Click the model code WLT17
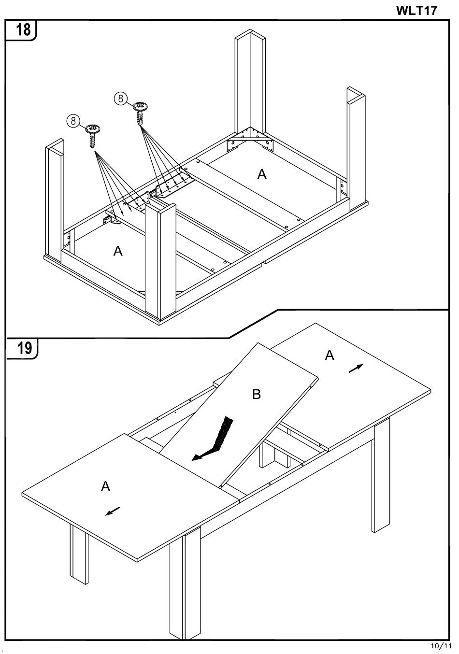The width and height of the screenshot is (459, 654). (416, 11)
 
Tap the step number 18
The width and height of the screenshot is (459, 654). (23, 30)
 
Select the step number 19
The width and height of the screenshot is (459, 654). (24, 348)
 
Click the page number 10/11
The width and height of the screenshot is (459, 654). (441, 645)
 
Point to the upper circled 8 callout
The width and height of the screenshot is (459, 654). (121, 99)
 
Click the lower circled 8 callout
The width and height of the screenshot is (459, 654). (73, 120)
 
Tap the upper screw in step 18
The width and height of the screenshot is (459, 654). (140, 114)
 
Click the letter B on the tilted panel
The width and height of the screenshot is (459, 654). (257, 394)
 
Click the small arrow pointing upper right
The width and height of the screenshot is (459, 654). (356, 369)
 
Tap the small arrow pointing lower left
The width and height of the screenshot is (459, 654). (113, 511)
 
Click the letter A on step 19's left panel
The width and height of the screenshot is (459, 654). (105, 486)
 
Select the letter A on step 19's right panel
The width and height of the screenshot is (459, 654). (330, 355)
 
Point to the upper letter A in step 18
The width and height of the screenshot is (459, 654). (262, 174)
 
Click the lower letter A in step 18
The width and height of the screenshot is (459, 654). (118, 251)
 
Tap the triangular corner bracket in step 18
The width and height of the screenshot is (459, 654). (250, 140)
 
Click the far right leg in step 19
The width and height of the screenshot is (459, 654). (380, 475)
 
